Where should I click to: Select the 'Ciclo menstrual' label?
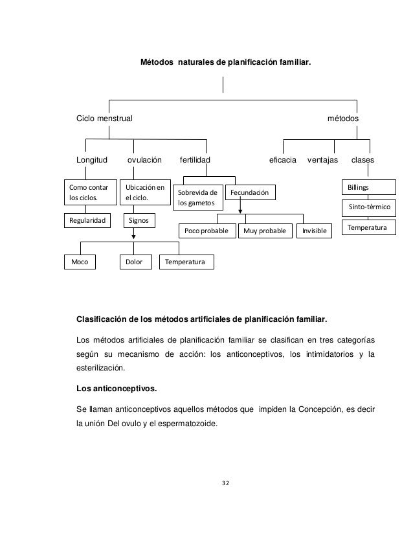(104, 120)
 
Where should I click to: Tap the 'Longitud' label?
(93, 159)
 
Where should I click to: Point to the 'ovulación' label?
(144, 159)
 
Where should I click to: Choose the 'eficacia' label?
(282, 159)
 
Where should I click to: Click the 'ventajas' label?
(322, 159)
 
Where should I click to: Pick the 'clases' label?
(362, 159)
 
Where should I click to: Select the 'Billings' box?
(369, 187)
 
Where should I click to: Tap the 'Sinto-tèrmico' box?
(369, 208)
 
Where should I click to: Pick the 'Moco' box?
(80, 262)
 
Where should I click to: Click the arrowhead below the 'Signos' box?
(133, 237)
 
